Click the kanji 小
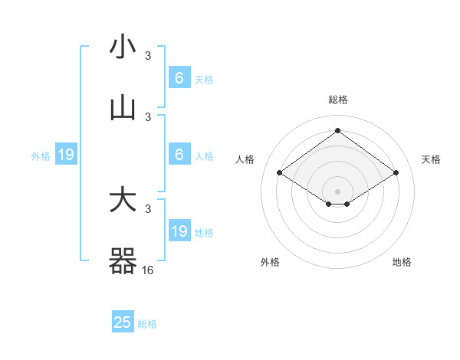coord(123,47)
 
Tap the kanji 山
coord(123,109)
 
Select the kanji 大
coord(123,201)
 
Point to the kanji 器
coord(123,262)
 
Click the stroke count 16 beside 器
coord(148,270)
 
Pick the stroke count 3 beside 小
coord(148,55)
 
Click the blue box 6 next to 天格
coord(179,78)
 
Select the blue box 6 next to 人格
coord(179,155)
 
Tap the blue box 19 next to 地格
coord(179,231)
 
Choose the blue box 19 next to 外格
coord(66,155)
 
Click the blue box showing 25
coord(123,322)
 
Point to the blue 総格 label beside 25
coord(147,324)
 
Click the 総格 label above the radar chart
coord(337,100)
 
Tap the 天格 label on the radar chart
coord(431,159)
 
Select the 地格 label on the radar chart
coord(402,262)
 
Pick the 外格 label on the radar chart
coord(270,262)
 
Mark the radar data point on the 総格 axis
coord(337,131)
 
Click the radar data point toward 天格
coord(396,173)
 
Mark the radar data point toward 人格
coord(280,173)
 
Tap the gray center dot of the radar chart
coord(337,191)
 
